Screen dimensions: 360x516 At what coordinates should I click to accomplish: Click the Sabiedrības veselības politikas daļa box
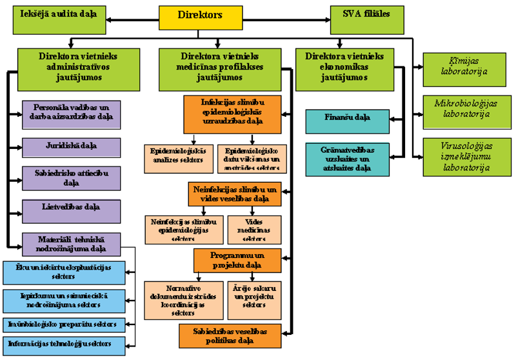[230, 335]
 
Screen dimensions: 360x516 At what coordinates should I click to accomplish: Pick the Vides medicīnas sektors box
[254, 229]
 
